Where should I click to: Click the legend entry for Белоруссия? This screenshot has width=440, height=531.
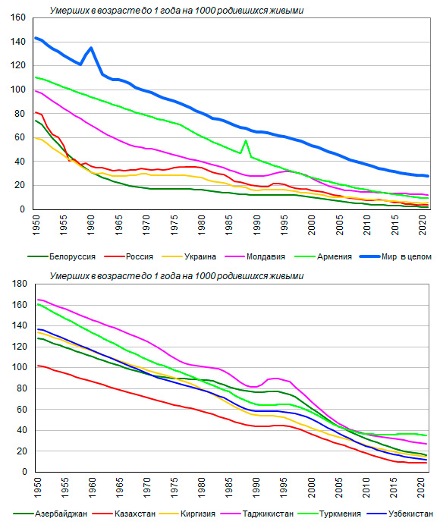tap(61, 256)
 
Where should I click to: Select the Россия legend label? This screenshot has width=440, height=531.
tap(129, 256)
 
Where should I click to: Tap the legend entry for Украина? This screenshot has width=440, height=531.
tap(189, 256)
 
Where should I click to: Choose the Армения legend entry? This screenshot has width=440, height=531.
tap(323, 256)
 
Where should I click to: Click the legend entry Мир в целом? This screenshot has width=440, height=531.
tap(396, 256)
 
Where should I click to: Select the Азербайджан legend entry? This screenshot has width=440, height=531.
tap(50, 514)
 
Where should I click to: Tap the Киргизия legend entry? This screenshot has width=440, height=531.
tap(188, 514)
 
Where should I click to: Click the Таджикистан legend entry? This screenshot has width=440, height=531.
tap(257, 514)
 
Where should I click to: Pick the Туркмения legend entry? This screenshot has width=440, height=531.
tap(329, 514)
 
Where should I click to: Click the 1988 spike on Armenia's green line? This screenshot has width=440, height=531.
tap(246, 140)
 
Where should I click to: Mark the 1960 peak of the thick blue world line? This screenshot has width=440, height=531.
tap(91, 48)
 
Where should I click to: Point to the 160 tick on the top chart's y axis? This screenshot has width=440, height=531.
tap(19, 17)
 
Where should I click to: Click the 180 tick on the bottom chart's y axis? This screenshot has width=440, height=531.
tap(19, 284)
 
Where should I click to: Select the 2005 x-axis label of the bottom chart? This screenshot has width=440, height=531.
tap(338, 488)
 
